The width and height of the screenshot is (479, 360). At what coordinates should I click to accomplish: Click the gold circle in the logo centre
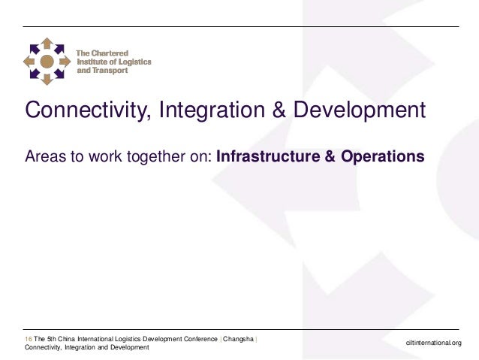[x=47, y=61]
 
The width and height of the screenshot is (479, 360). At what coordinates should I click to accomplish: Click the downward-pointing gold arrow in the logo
[x=47, y=78]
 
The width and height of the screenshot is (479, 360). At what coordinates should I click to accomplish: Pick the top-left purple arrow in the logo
[x=34, y=48]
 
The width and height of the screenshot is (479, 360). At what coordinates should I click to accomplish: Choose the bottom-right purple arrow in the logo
[x=59, y=74]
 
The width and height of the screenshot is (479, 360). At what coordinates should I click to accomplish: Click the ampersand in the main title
[x=279, y=111]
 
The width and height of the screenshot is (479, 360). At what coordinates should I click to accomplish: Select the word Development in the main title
[x=359, y=111]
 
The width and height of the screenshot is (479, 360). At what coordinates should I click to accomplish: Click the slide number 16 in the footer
[x=29, y=339]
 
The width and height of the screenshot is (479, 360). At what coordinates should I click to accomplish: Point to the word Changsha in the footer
[x=237, y=339]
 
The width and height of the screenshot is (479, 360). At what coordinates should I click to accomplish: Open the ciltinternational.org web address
[x=433, y=343]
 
